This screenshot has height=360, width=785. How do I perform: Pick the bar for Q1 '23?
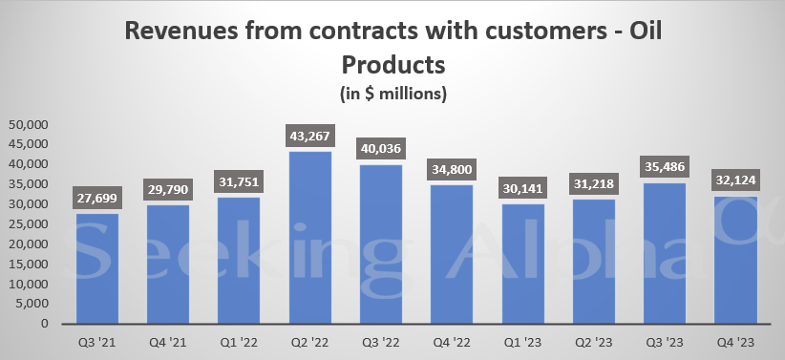point(523,264)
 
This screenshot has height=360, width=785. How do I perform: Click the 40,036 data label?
point(381,150)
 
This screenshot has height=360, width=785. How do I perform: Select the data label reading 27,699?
point(97,199)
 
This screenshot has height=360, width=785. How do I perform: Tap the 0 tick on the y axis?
point(45,324)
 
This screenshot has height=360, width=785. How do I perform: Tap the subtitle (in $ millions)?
point(393,94)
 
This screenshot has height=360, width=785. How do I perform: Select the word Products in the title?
point(393,67)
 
